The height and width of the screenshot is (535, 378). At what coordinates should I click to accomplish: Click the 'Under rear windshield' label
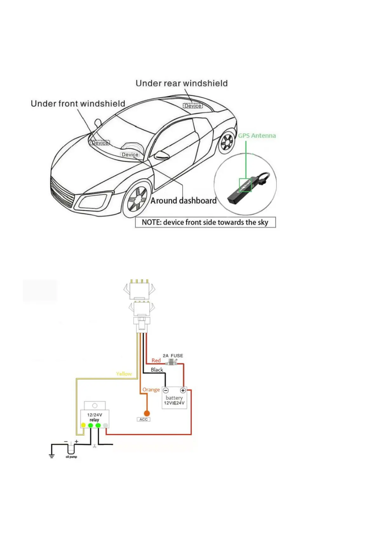pyautogui.click(x=181, y=83)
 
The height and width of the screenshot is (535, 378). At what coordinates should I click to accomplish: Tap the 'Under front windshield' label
pyautogui.click(x=78, y=104)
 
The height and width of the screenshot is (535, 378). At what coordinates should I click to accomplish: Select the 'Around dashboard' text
pyautogui.click(x=183, y=201)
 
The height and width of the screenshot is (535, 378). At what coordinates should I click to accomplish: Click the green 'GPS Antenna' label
pyautogui.click(x=257, y=136)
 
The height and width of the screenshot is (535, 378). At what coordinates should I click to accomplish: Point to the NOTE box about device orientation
pyautogui.click(x=205, y=222)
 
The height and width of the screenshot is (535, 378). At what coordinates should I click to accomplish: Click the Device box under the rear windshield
pyautogui.click(x=193, y=106)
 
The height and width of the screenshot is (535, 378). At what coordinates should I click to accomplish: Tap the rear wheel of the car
pyautogui.click(x=226, y=142)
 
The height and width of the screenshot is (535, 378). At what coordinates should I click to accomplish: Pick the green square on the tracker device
pyautogui.click(x=245, y=185)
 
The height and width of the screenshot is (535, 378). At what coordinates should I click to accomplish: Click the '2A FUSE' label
pyautogui.click(x=173, y=356)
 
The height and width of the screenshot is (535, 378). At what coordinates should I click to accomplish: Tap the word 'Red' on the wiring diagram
pyautogui.click(x=156, y=361)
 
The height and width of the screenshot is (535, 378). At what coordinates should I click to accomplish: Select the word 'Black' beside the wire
pyautogui.click(x=157, y=370)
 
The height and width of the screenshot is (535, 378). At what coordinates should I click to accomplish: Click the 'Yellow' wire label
pyautogui.click(x=124, y=374)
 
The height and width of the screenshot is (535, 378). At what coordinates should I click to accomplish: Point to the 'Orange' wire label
pyautogui.click(x=151, y=390)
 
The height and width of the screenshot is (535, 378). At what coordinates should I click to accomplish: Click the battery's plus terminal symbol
pyautogui.click(x=183, y=390)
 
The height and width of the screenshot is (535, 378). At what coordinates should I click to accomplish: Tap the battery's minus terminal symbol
pyautogui.click(x=166, y=390)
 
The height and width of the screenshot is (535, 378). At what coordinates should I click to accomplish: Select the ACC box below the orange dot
pyautogui.click(x=144, y=419)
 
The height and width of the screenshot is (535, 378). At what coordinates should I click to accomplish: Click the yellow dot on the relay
pyautogui.click(x=83, y=425)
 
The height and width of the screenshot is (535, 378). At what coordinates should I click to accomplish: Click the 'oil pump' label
pyautogui.click(x=71, y=457)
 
